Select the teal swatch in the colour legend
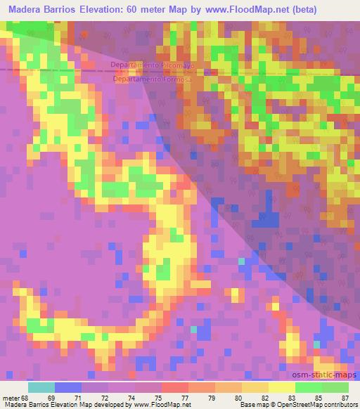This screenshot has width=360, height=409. tap(41, 387)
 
